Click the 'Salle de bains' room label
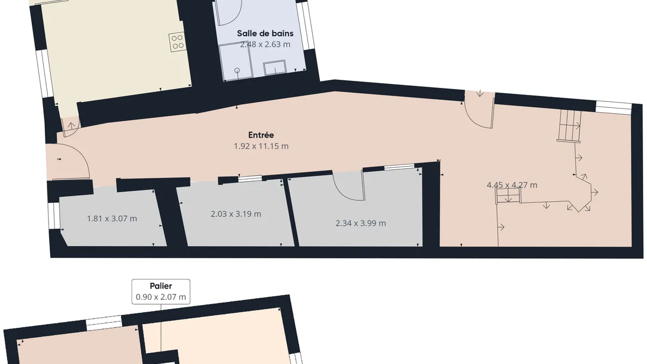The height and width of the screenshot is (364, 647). [265, 33]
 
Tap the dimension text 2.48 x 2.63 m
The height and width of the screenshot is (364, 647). [265, 44]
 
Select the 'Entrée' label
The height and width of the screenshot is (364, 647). [261, 135]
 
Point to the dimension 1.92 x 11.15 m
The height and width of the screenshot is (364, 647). [261, 146]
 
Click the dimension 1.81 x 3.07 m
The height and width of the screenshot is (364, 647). [112, 219]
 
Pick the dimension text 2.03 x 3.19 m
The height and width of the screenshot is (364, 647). [236, 214]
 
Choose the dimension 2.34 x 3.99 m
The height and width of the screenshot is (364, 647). [361, 223]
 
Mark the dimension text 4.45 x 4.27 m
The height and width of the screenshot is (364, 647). [512, 185]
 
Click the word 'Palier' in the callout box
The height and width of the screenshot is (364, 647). [161, 286]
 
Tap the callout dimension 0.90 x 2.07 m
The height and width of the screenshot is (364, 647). [161, 297]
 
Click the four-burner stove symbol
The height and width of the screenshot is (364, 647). [177, 42]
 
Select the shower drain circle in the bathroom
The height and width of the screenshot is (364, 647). [237, 70]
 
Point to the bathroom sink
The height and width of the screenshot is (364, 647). [274, 67]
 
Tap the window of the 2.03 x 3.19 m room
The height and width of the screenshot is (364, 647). [250, 179]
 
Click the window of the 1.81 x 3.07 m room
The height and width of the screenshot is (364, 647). [54, 216]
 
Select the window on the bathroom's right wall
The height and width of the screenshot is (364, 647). [306, 26]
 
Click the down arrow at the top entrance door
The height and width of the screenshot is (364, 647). [480, 93]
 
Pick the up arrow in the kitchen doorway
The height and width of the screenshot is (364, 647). [71, 126]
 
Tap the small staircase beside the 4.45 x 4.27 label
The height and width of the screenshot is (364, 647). [508, 196]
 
